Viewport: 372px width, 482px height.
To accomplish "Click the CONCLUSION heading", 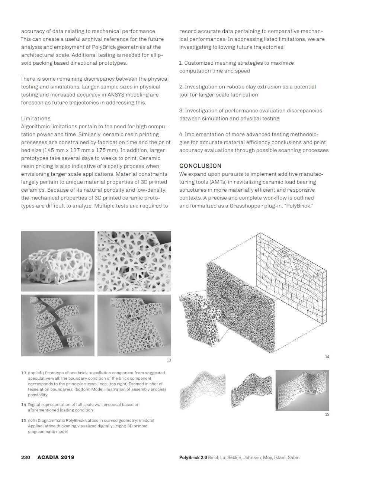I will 200,166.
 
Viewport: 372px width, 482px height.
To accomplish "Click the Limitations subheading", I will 36,119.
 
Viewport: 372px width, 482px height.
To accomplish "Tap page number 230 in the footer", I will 25,457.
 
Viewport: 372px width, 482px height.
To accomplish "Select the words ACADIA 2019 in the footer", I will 56,457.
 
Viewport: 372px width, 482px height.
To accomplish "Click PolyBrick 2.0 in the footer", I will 193,457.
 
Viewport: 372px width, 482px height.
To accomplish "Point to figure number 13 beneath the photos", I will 169,360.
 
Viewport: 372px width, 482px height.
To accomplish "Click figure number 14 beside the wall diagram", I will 327,357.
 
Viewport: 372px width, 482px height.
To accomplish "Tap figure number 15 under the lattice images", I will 327,414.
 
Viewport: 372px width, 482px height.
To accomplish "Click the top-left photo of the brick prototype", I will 58,261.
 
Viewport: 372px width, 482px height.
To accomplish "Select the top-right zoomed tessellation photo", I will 134,261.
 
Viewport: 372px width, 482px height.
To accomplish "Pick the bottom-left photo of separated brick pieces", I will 58,325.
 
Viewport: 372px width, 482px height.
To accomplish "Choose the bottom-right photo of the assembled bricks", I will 134,325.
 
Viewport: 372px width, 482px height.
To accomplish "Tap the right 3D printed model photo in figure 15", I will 302,390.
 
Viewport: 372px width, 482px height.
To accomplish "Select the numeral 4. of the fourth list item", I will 181,135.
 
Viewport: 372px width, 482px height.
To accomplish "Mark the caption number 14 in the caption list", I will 23,405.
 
